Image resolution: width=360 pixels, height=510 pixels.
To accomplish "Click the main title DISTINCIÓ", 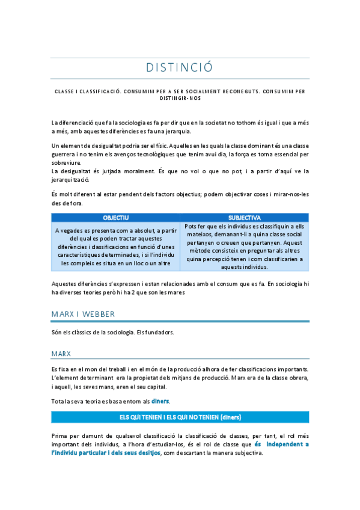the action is tap(180, 67).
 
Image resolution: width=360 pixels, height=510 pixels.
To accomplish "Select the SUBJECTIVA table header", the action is tap(245, 217).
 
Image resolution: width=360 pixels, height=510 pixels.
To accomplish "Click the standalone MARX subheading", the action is tap(62, 354).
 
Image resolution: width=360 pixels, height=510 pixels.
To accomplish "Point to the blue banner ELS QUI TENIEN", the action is tap(180, 417).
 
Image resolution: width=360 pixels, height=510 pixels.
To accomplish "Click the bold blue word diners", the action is tap(160, 401).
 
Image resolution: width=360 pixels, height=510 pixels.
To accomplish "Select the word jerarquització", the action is tap(70, 179).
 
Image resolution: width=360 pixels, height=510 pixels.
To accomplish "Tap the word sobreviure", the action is tap(66, 162).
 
